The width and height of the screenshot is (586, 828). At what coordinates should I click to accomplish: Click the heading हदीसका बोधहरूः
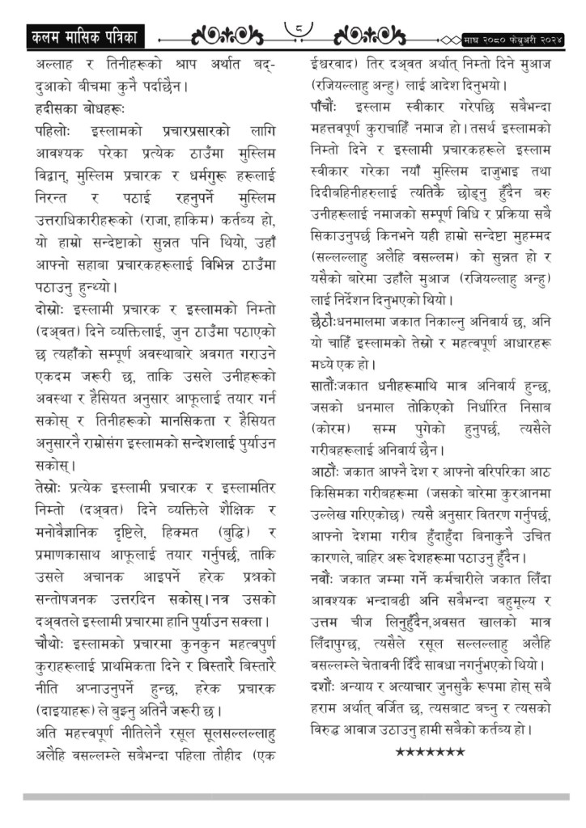click(x=80, y=107)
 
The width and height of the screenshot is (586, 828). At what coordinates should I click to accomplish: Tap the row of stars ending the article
click(x=430, y=753)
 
